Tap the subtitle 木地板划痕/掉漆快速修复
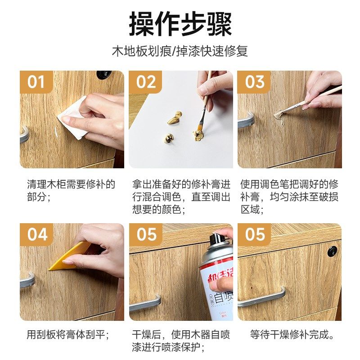(x=180, y=50)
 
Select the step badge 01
(x=36, y=82)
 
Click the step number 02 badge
(x=146, y=82)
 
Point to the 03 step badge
(x=255, y=82)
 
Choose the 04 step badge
(x=36, y=235)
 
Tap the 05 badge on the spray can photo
(x=146, y=235)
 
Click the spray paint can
(x=216, y=279)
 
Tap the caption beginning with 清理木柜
(x=71, y=190)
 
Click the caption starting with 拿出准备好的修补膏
(x=181, y=197)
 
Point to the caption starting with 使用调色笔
(x=289, y=197)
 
